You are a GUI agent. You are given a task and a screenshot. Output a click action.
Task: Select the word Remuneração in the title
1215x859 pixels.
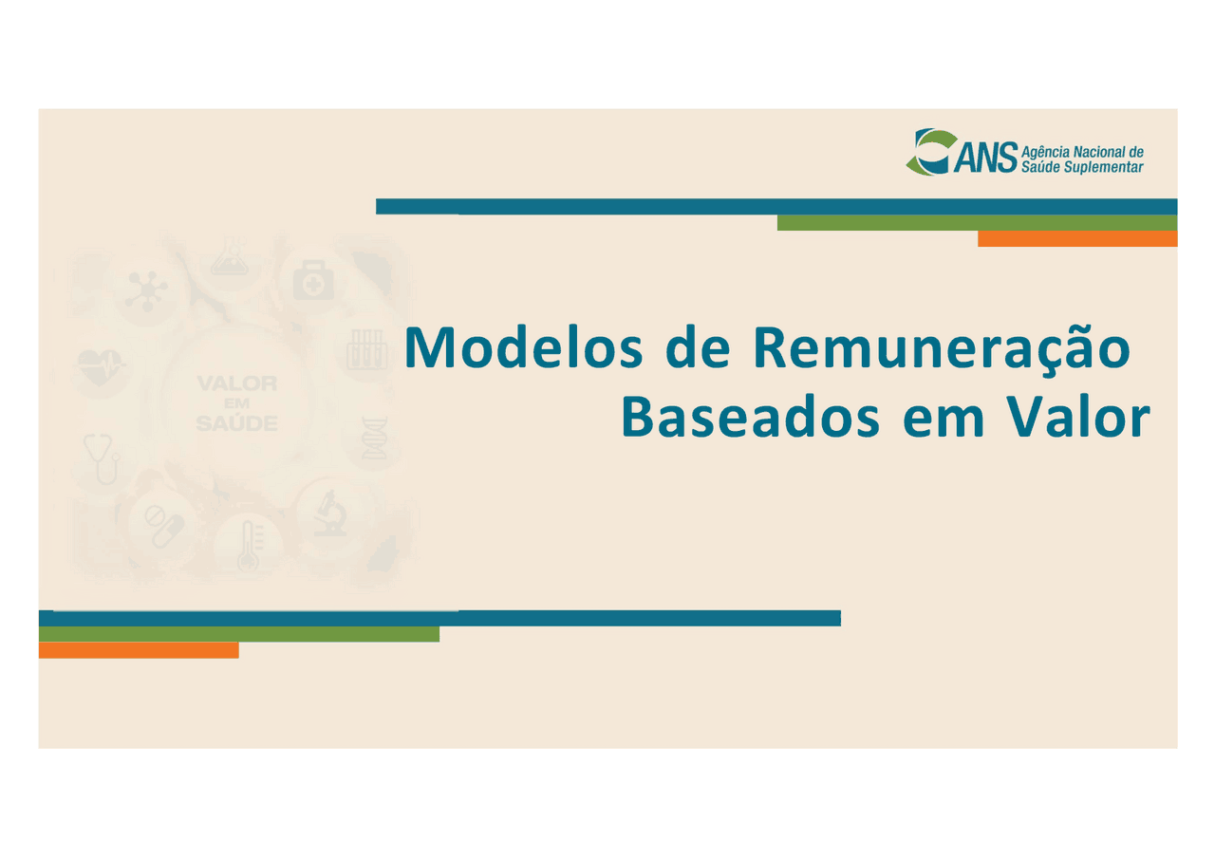[940, 348]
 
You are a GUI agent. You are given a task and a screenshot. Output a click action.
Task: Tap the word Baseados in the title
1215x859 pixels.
[750, 419]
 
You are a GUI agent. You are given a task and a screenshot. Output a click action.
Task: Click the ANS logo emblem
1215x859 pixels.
[927, 152]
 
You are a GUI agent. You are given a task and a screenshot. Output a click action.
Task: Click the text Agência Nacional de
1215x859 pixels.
[1081, 152]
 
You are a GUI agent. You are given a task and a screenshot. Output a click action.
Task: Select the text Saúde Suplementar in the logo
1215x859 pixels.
[1081, 167]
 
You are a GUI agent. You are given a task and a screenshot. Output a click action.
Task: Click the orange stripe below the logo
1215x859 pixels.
[1076, 239]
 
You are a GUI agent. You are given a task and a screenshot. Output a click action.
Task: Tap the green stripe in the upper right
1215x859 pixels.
[976, 223]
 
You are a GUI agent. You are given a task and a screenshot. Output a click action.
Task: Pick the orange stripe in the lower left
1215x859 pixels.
[138, 650]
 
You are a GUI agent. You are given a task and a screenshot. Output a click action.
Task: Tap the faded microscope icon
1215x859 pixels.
[330, 514]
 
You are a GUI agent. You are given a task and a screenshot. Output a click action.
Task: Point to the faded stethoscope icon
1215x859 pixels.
[102, 458]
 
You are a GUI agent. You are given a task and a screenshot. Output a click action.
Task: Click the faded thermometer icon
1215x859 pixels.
[248, 546]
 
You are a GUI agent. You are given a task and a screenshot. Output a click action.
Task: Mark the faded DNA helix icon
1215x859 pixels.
[376, 438]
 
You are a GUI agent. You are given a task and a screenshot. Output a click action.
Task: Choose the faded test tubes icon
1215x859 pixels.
[365, 349]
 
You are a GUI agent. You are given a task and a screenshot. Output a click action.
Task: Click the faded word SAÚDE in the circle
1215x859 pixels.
[236, 424]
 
